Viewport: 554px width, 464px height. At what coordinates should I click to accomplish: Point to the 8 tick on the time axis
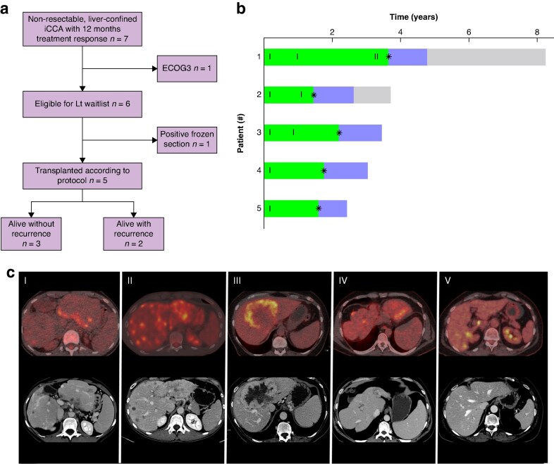(x=536, y=32)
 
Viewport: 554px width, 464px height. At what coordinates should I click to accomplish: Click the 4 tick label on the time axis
(x=400, y=32)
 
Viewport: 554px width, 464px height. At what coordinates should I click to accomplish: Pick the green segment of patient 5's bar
(x=290, y=208)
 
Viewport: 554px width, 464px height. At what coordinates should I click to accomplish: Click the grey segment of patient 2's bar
(x=371, y=94)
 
